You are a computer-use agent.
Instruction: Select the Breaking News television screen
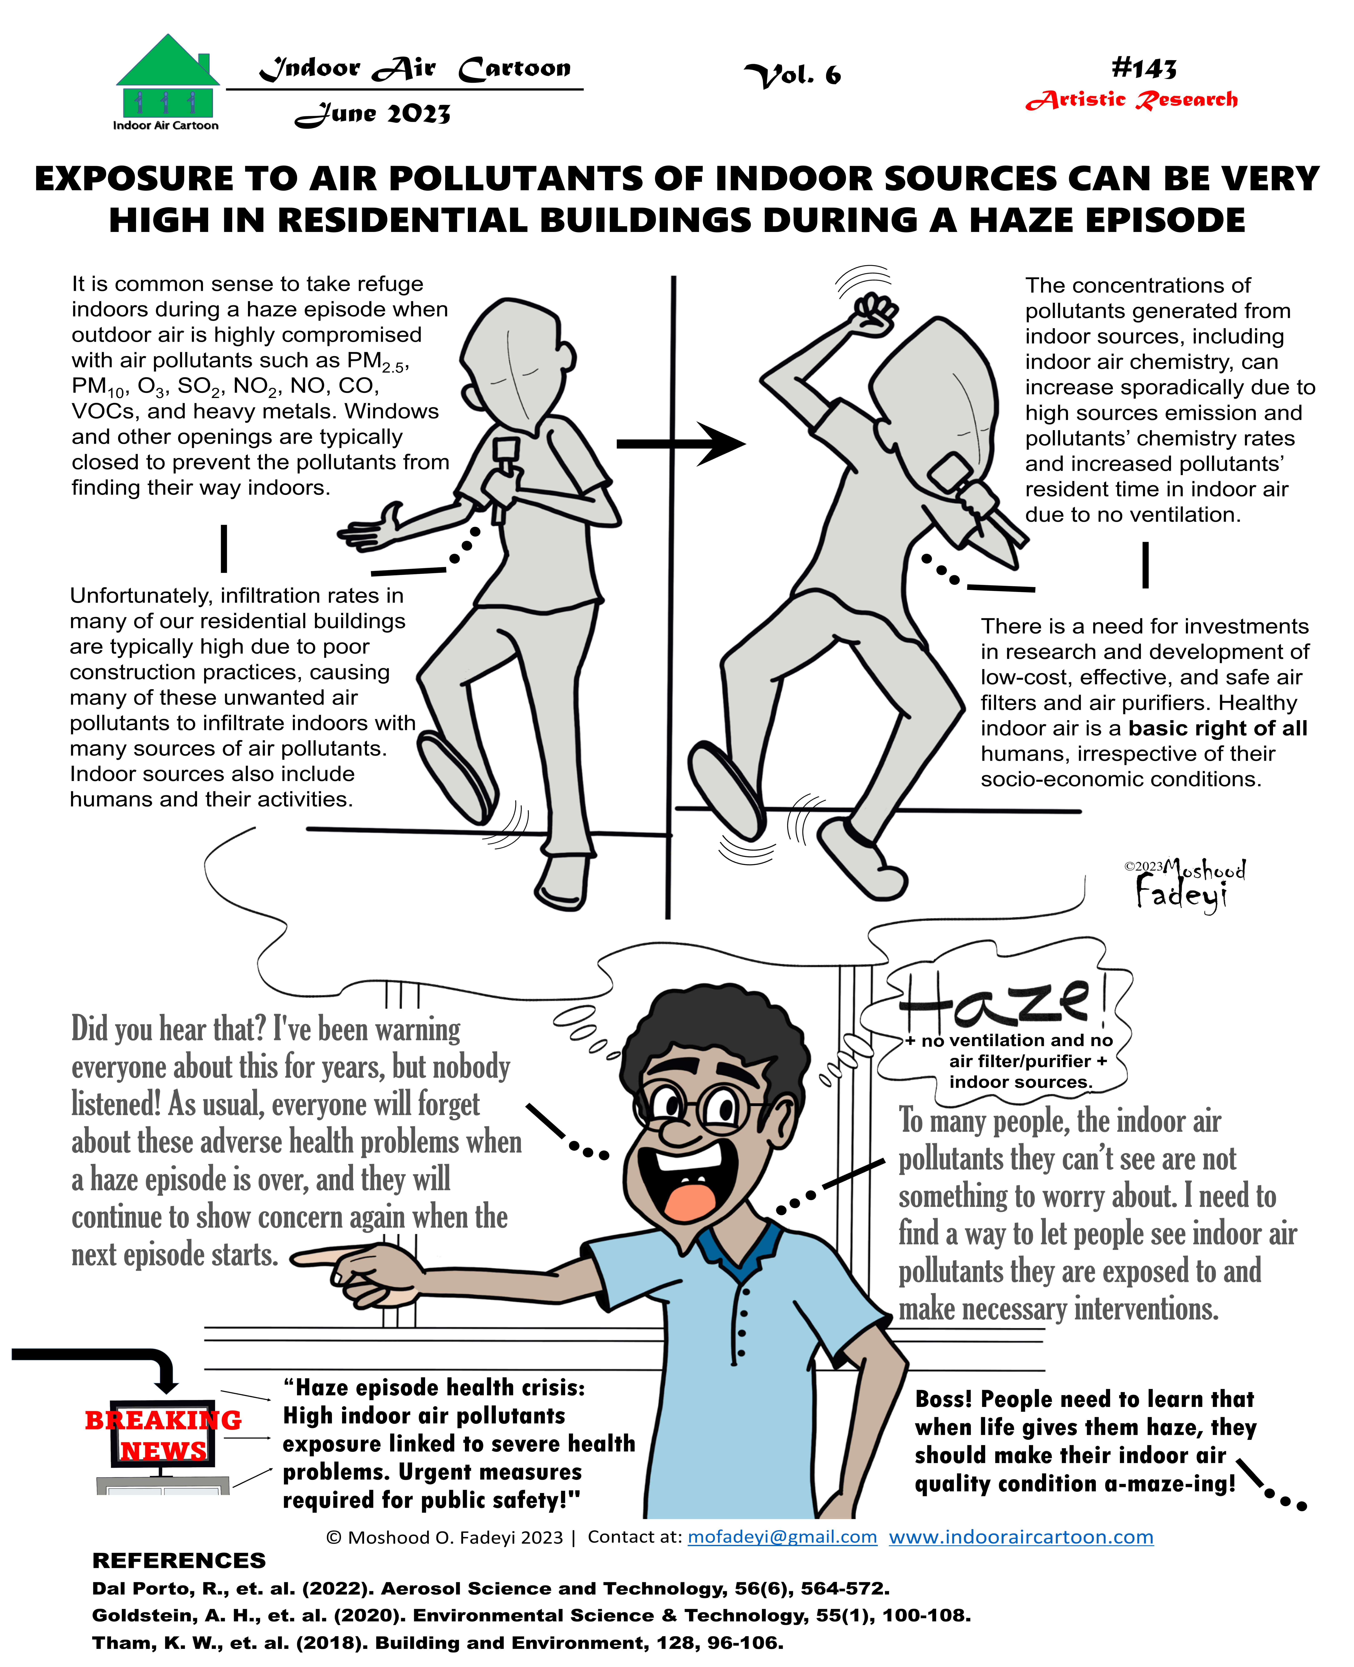point(162,1435)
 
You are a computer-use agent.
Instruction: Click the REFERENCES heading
point(179,1560)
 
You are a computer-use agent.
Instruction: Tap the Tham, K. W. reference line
point(437,1643)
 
